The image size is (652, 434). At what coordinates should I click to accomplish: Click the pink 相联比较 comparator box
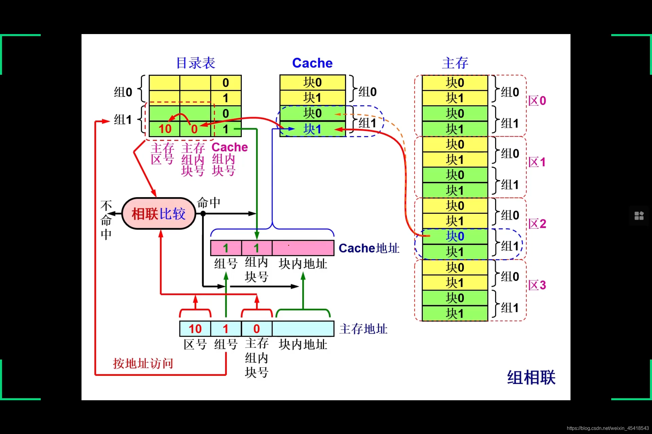pyautogui.click(x=159, y=214)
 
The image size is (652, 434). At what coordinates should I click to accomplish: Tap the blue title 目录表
pyautogui.click(x=196, y=63)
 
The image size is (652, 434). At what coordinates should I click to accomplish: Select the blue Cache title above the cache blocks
pyautogui.click(x=312, y=63)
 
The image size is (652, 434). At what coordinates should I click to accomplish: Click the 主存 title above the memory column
pyautogui.click(x=455, y=63)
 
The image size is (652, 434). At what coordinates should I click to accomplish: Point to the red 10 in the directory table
pyautogui.click(x=165, y=129)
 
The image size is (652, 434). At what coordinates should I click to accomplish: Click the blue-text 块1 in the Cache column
pyautogui.click(x=312, y=129)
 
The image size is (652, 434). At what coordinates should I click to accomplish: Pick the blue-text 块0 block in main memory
pyautogui.click(x=455, y=236)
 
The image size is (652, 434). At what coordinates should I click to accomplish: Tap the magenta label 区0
pyautogui.click(x=537, y=101)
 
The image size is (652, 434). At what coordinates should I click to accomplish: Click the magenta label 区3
pyautogui.click(x=537, y=285)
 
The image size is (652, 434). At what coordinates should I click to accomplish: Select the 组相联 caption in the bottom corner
pyautogui.click(x=531, y=377)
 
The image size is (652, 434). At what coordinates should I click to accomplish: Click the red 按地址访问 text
pyautogui.click(x=143, y=363)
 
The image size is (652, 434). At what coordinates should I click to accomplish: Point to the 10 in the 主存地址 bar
pyautogui.click(x=195, y=329)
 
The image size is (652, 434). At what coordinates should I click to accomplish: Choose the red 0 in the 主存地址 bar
pyautogui.click(x=257, y=329)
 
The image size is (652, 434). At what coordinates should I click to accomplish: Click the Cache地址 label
pyautogui.click(x=369, y=248)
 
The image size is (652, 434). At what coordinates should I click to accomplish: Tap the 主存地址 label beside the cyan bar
pyautogui.click(x=363, y=329)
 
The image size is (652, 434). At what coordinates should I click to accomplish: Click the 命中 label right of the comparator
pyautogui.click(x=209, y=203)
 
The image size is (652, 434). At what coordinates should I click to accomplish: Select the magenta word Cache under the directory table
pyautogui.click(x=230, y=147)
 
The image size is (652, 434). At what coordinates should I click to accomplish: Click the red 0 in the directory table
pyautogui.click(x=194, y=129)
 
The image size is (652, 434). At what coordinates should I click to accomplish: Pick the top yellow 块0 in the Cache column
pyautogui.click(x=312, y=82)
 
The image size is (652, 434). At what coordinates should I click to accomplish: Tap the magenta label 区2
pyautogui.click(x=537, y=224)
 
